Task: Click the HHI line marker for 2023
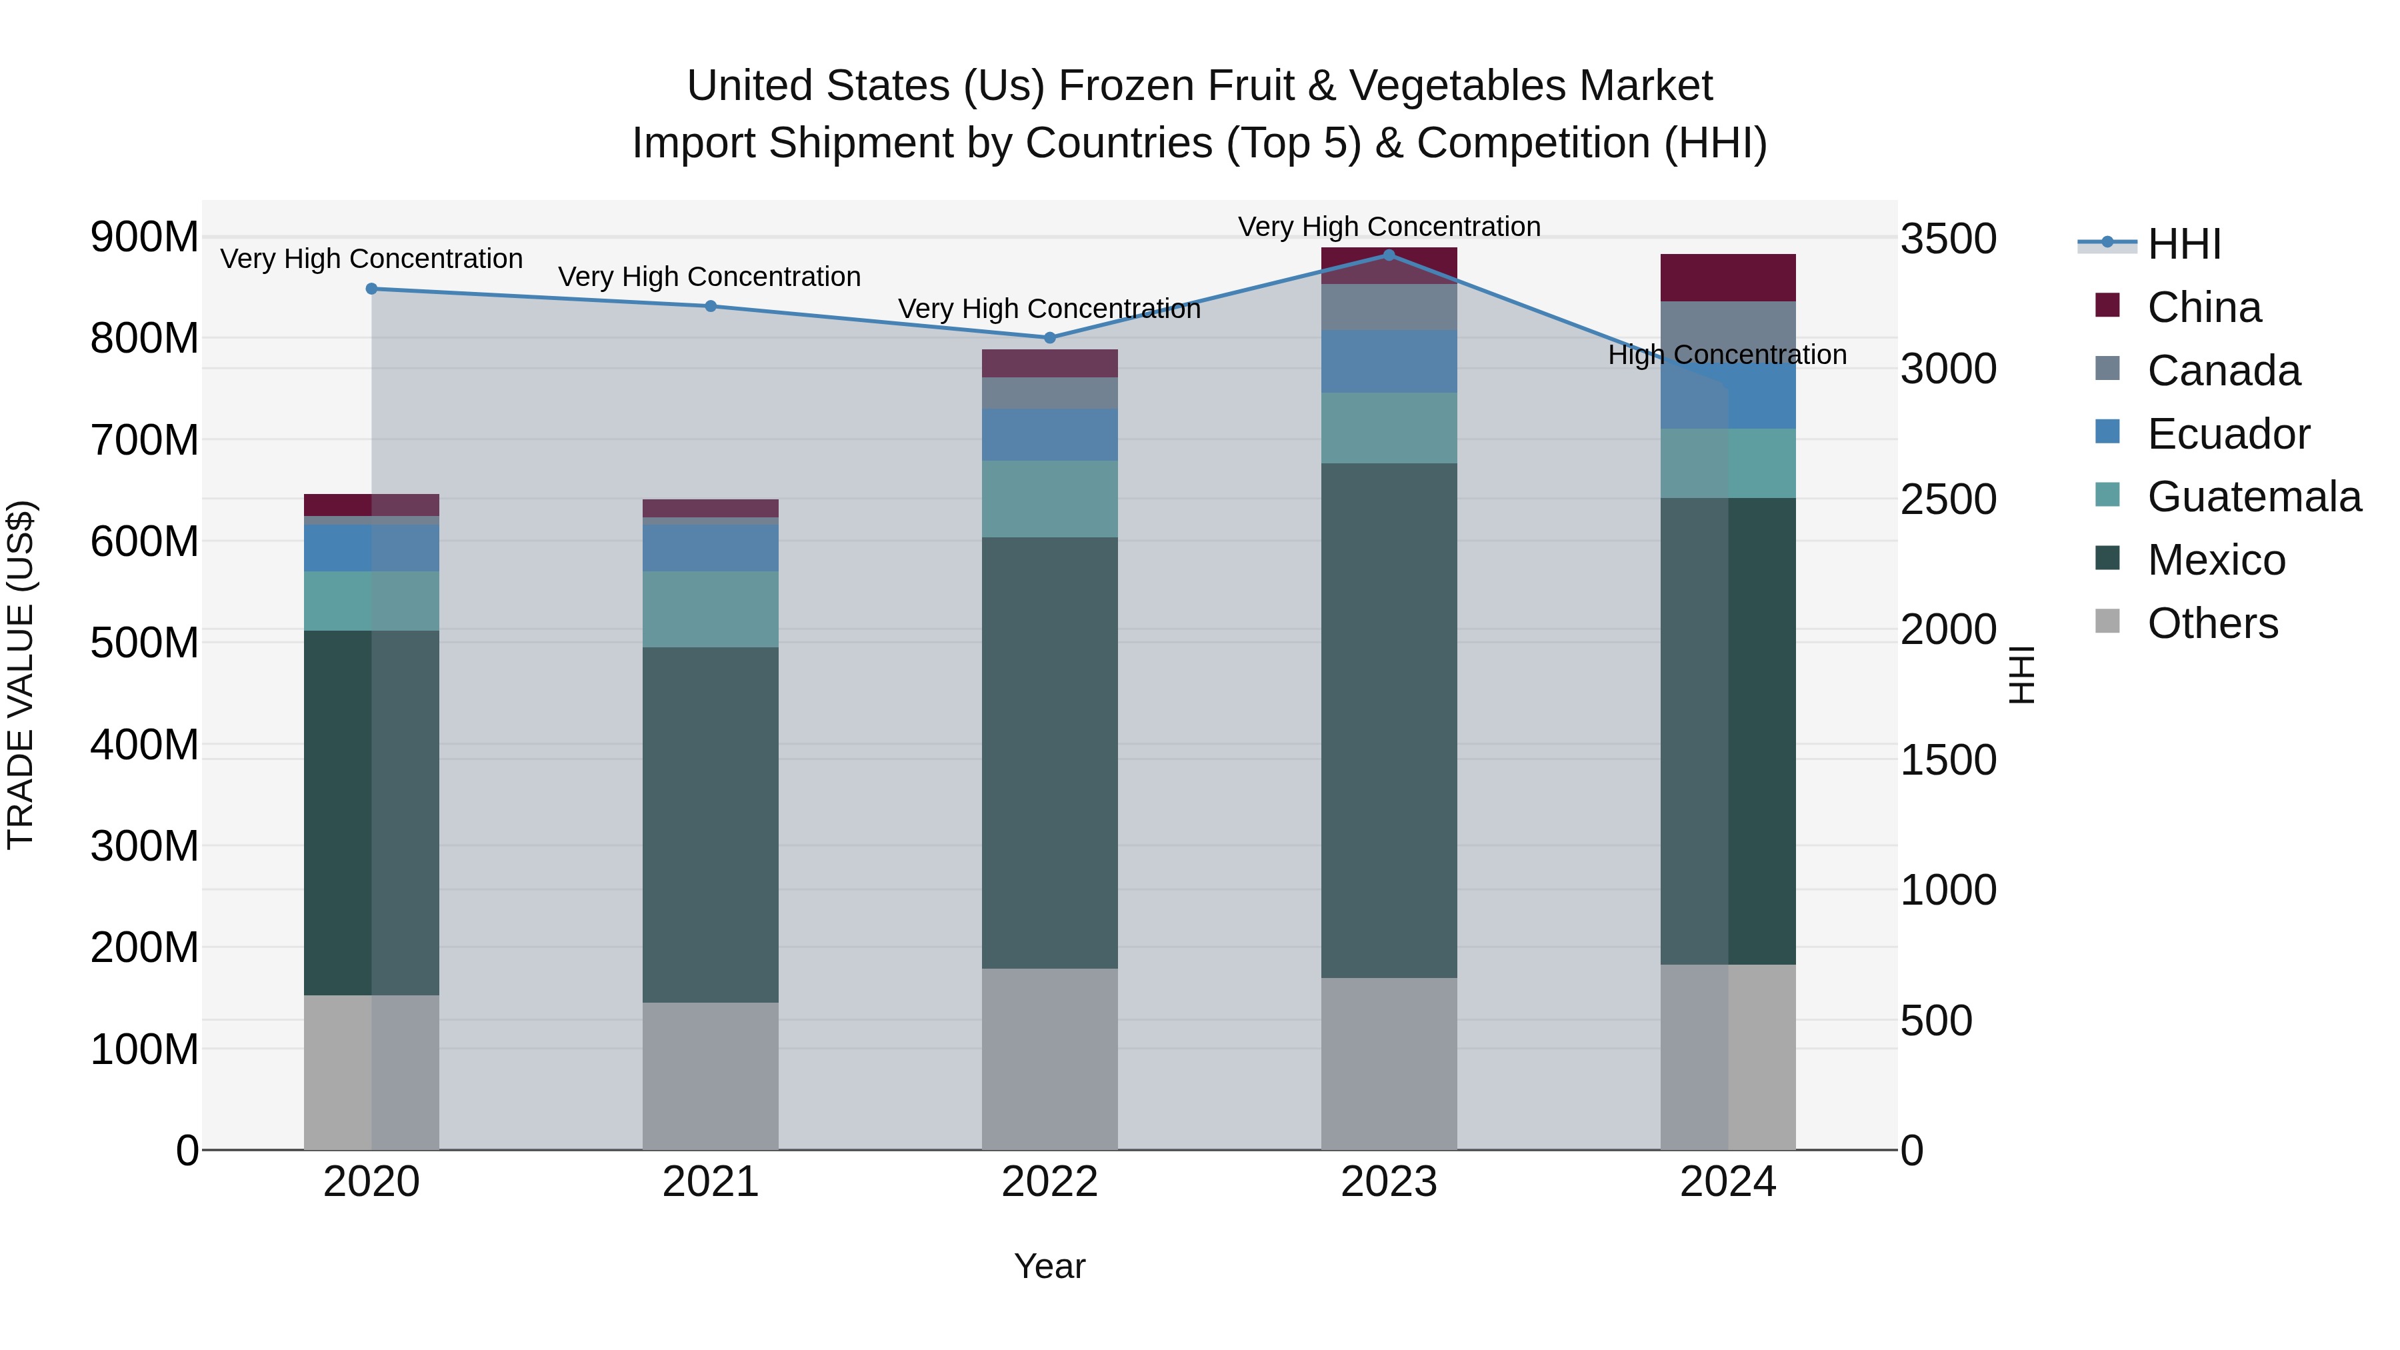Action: [1388, 255]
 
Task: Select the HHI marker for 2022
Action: [1049, 337]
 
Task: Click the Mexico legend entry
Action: [2215, 560]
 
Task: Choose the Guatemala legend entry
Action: [2253, 497]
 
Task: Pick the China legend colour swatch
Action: [2107, 305]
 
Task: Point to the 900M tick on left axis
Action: [145, 237]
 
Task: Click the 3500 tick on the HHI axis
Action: [1948, 239]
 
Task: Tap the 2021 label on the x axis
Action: [710, 1182]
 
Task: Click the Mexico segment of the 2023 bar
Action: [1388, 719]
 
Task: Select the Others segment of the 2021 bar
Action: [710, 1076]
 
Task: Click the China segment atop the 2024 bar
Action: [1727, 277]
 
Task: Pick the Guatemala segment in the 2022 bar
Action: [1049, 499]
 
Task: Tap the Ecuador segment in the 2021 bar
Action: [710, 548]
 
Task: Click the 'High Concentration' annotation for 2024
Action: [1727, 355]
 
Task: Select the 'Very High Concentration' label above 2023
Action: [1388, 227]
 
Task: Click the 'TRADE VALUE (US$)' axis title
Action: [21, 675]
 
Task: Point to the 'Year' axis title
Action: [1049, 1266]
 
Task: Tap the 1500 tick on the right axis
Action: [1948, 760]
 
